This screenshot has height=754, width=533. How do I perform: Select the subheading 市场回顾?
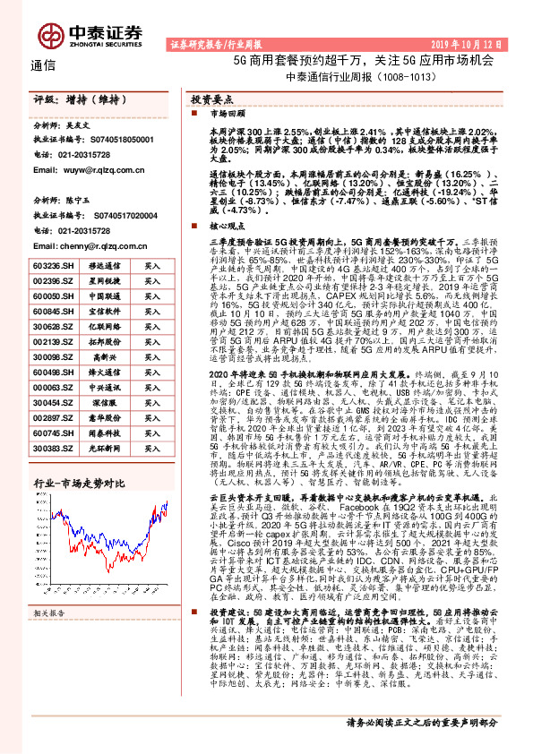click(x=224, y=116)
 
